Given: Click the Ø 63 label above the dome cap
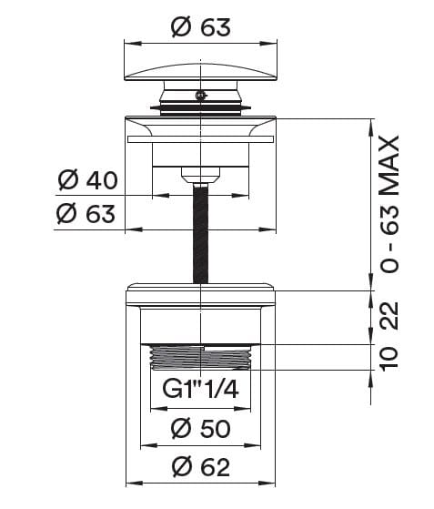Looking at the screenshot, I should (x=200, y=27).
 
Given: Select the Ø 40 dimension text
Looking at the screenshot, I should (x=87, y=180).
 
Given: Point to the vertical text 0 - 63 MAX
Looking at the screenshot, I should (x=389, y=204).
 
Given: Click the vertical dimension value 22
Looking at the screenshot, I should (x=389, y=317).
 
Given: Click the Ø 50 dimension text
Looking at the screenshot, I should (x=200, y=428).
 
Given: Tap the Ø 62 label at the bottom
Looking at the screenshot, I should (x=200, y=467).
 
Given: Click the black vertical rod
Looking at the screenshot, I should (x=200, y=232).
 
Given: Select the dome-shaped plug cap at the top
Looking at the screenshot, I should (x=200, y=72).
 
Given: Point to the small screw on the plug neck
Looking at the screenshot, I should (x=200, y=95).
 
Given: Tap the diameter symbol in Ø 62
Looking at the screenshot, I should (x=179, y=467).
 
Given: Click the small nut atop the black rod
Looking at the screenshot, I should (x=200, y=172).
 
